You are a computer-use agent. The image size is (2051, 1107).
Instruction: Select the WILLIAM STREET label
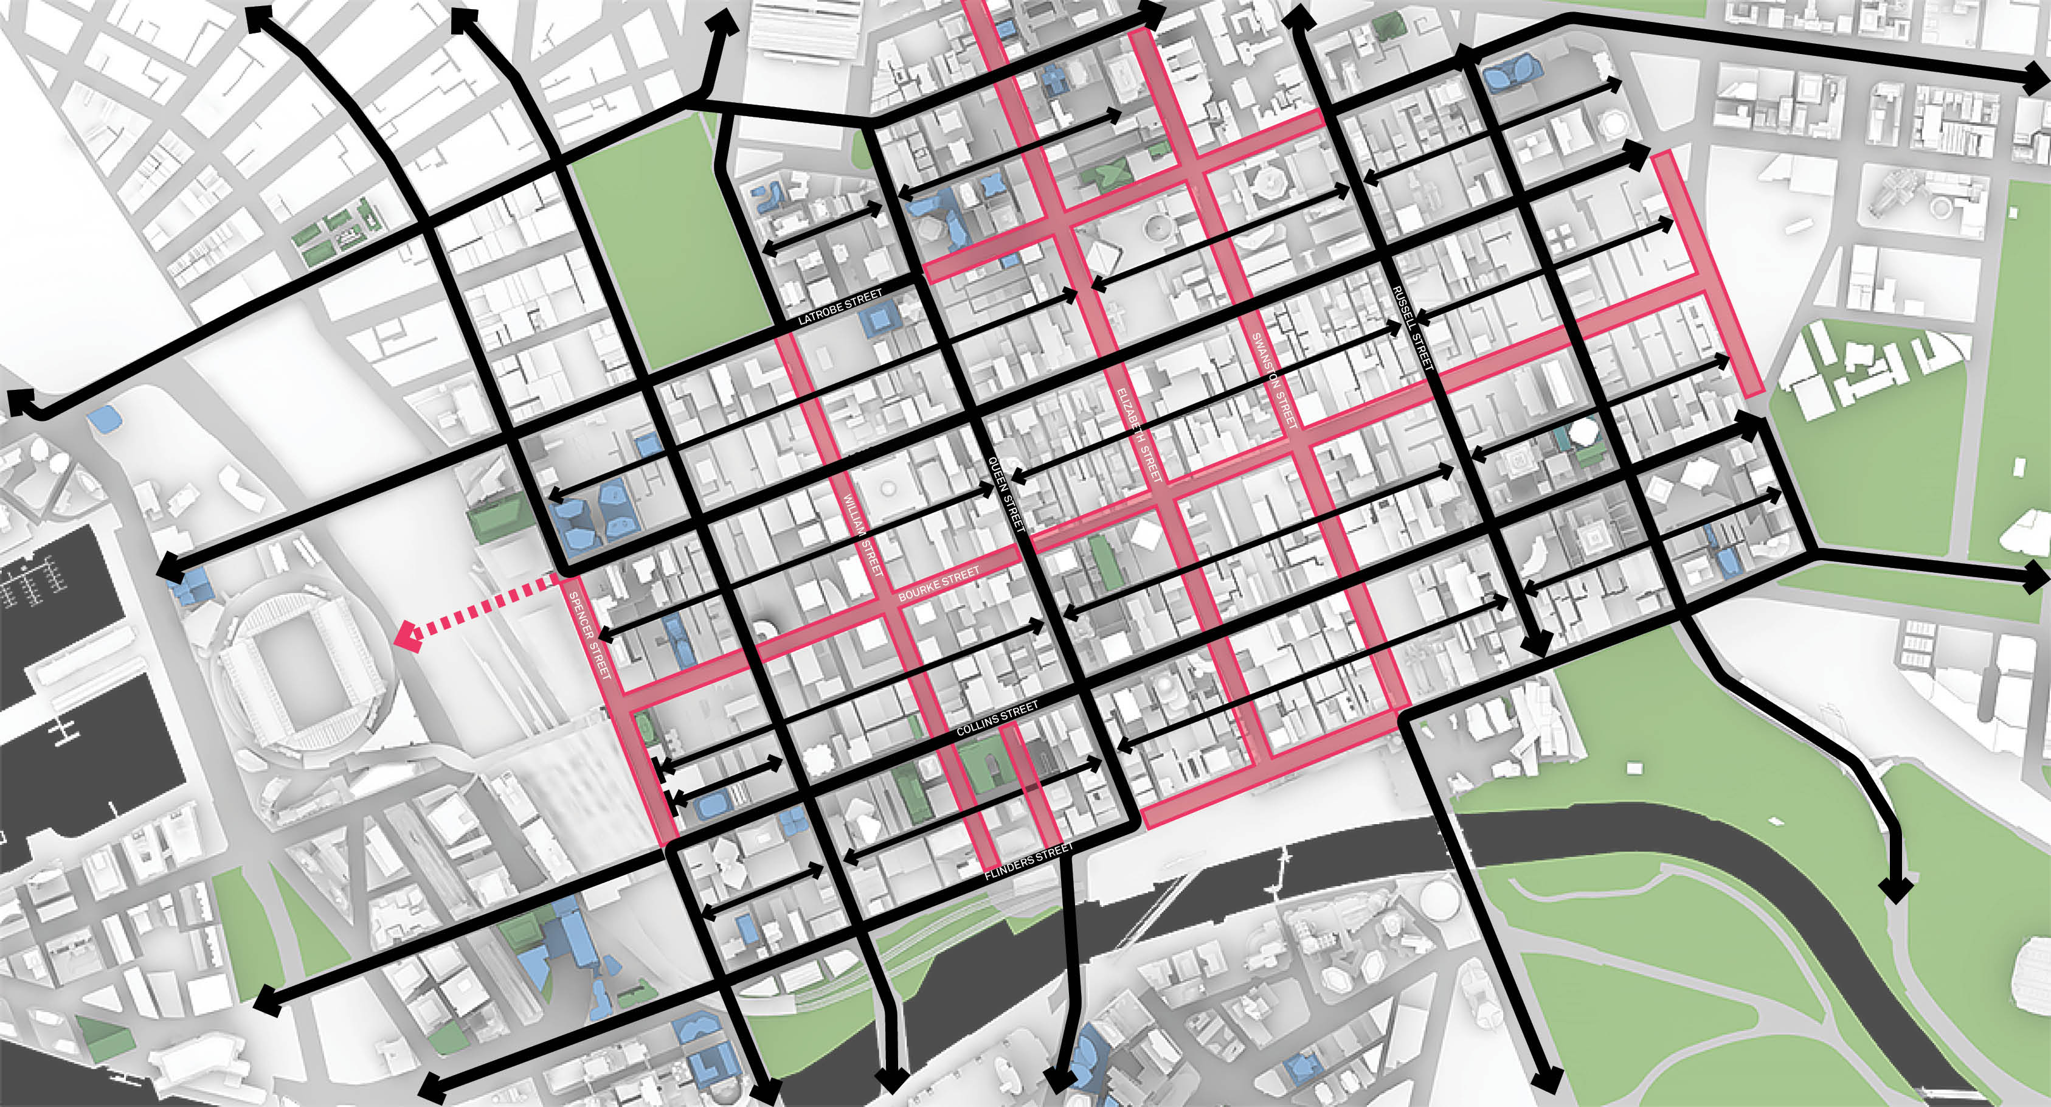tap(863, 535)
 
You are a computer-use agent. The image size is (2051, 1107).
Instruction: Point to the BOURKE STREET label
tap(939, 585)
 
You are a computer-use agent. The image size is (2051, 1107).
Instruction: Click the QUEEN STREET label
tap(1006, 494)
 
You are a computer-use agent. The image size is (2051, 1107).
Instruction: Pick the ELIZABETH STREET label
tap(1138, 435)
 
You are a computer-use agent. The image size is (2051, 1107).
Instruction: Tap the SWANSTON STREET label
tap(1275, 381)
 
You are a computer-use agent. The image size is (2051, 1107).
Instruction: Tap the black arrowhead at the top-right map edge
tap(2036, 80)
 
